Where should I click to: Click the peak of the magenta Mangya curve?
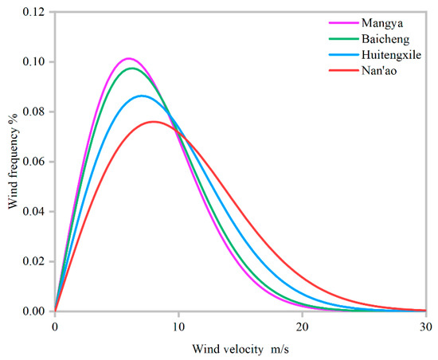point(128,58)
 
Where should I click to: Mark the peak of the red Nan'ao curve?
point(153,121)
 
